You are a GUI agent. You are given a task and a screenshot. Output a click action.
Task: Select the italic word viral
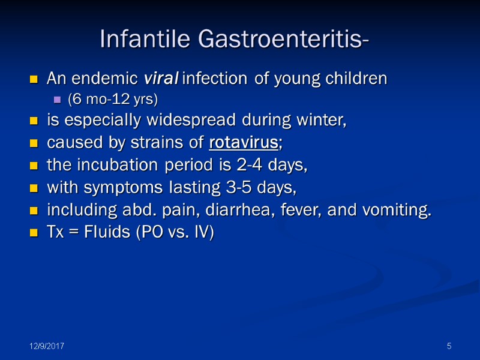(161, 79)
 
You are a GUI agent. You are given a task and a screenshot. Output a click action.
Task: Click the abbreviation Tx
(55, 232)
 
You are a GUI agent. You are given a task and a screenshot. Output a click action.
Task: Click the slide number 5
(448, 347)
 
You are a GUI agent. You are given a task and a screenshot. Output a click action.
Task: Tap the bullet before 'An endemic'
(34, 79)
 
